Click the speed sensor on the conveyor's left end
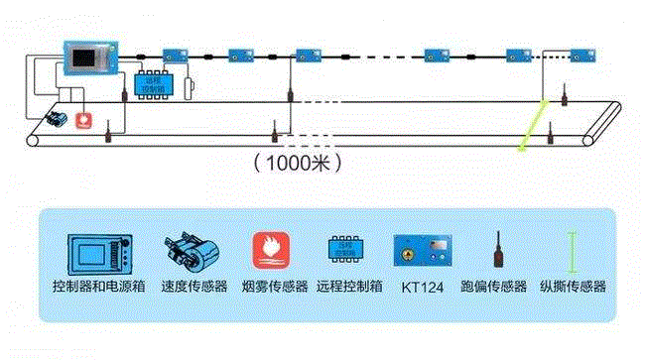point(56,121)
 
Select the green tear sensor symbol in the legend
point(572,252)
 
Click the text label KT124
point(424,288)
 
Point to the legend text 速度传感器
point(190,288)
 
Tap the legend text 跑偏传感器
point(493,288)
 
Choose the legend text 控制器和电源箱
point(99,288)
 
